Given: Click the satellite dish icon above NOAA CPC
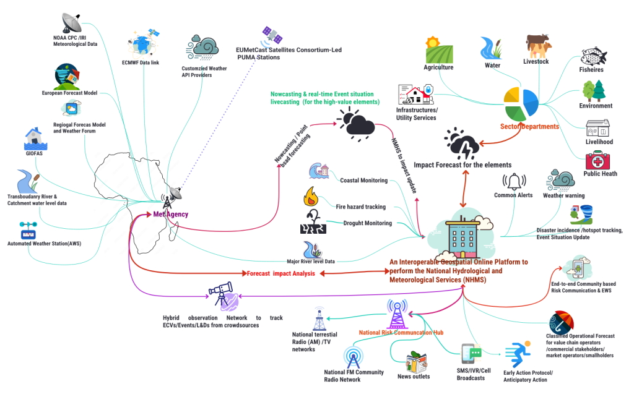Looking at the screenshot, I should (71, 23).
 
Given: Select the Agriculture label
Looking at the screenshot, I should (438, 67).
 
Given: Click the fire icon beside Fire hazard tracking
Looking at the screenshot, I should (310, 198).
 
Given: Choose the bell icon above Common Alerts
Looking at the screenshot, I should (513, 181).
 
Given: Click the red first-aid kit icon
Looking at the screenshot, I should (597, 161).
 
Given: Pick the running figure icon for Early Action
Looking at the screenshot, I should (518, 355).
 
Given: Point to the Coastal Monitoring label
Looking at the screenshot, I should (363, 181).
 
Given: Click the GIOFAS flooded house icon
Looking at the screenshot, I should (33, 141).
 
